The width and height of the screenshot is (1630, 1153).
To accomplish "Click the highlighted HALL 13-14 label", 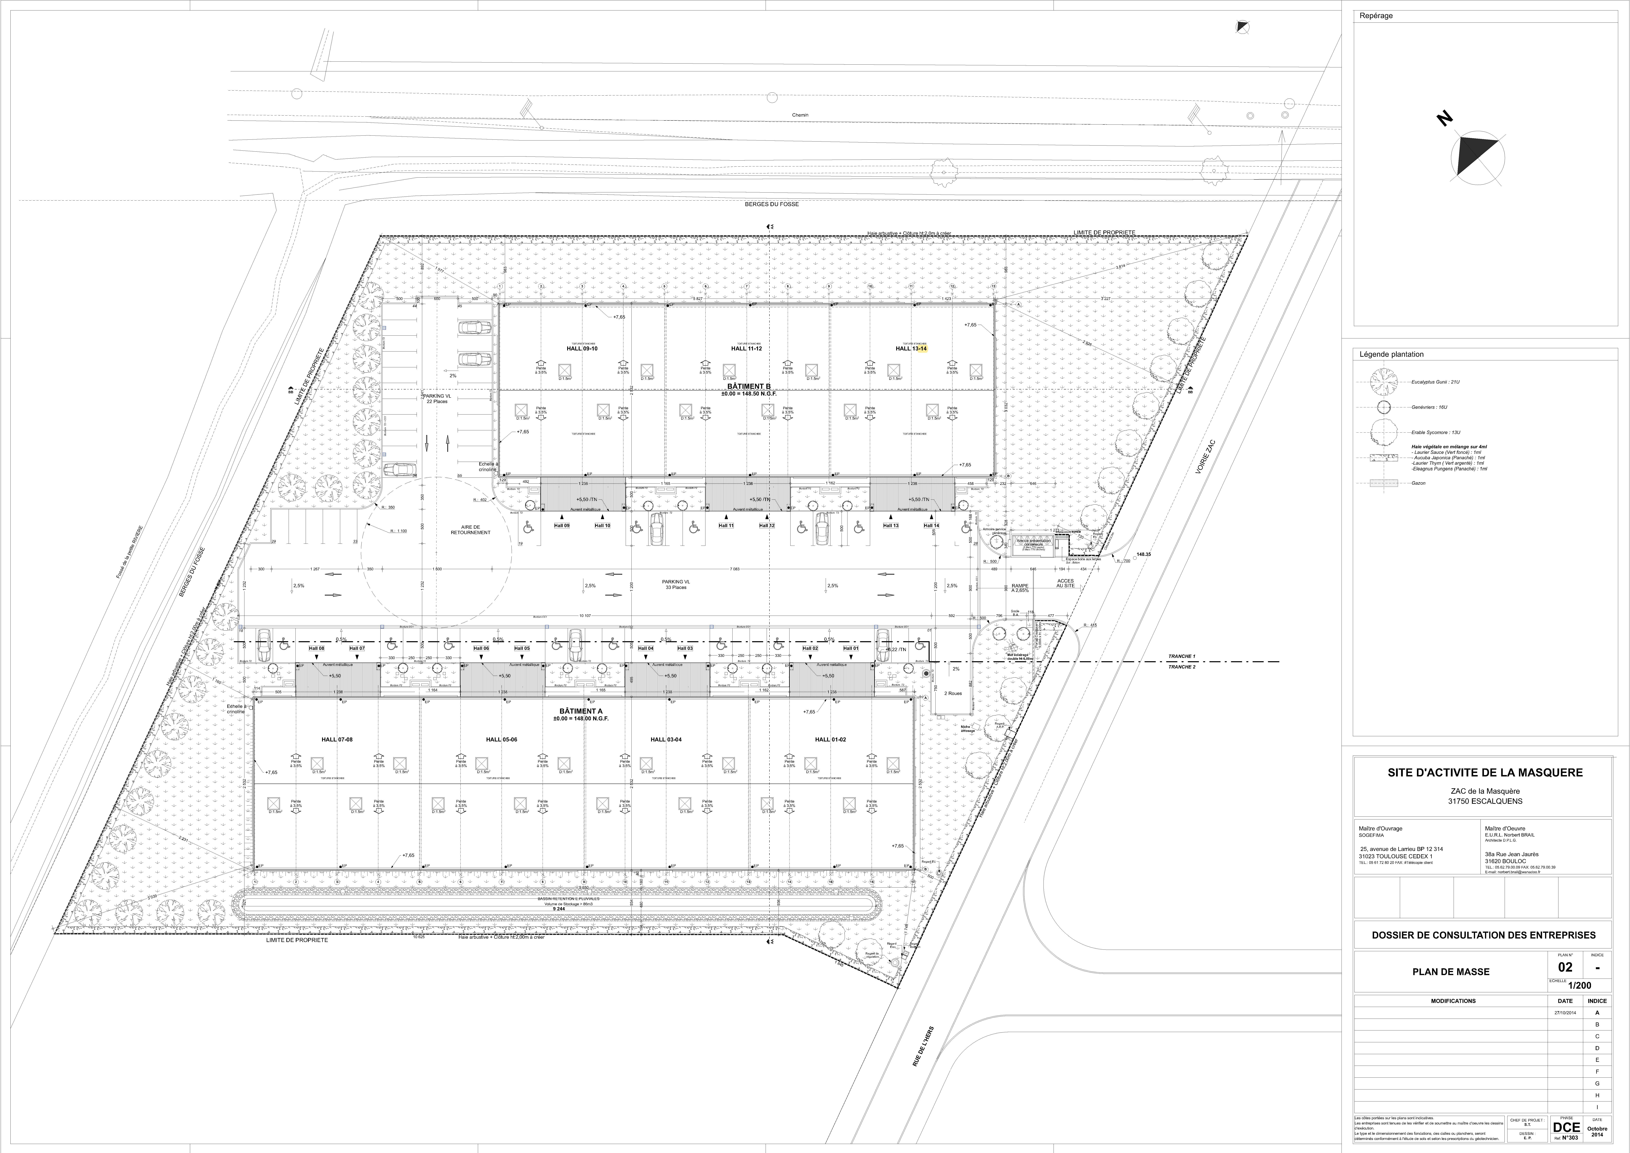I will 912,349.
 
